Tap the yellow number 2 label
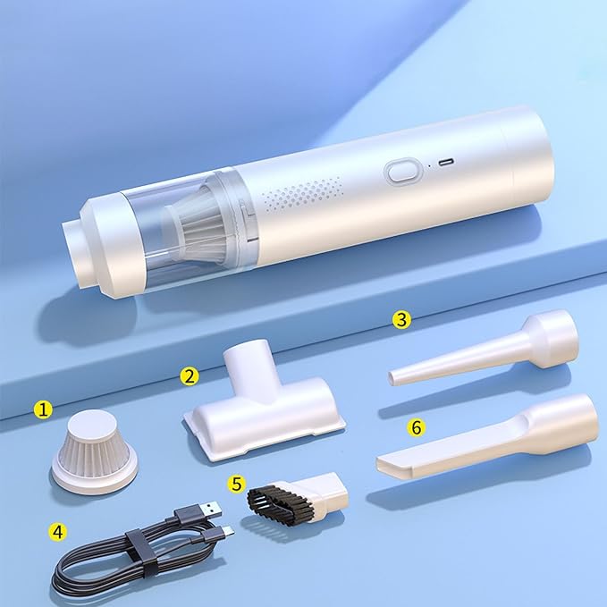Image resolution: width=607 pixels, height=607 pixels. pos(189,376)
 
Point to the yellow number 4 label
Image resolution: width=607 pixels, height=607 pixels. pos(57,531)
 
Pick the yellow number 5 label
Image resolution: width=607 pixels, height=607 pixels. pos(236,484)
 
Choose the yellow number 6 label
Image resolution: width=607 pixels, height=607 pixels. pos(416,427)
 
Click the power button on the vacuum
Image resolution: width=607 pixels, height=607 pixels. pos(401,172)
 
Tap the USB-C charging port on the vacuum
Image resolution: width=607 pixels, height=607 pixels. pos(444,163)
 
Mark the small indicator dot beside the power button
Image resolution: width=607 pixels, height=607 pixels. pos(427,166)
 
